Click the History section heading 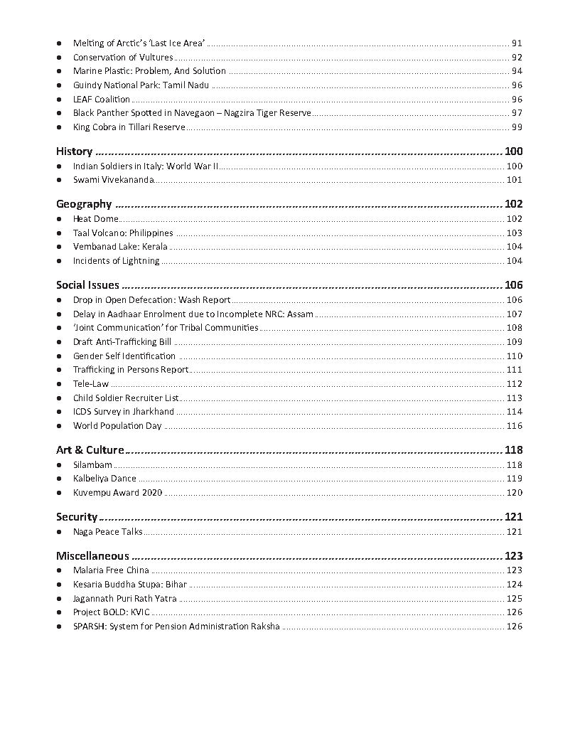pos(74,151)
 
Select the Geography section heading pos(84,204)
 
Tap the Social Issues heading pos(87,285)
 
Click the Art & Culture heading pos(90,450)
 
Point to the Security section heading pos(76,517)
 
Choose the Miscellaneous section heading pos(92,556)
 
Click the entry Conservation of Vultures pos(123,57)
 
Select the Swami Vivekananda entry pos(113,180)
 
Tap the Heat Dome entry pos(95,219)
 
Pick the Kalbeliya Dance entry pos(104,479)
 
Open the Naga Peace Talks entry pos(107,532)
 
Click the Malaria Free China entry pos(111,570)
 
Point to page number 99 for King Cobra pos(517,127)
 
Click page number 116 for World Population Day pos(514,426)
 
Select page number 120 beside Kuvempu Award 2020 pos(514,493)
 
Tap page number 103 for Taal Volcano pos(514,233)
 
